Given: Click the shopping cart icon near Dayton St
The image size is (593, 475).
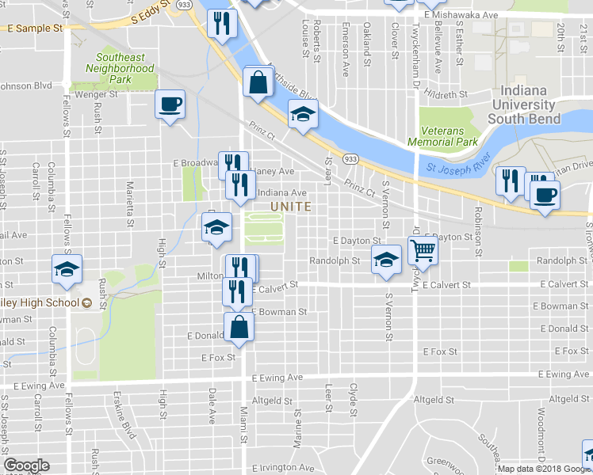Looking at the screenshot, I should coord(423,251).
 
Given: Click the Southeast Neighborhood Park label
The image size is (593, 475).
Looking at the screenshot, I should coord(120,68).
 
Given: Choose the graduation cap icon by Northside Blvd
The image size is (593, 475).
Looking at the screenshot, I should coord(302,115).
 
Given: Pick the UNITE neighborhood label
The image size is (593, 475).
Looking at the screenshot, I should coord(290,206).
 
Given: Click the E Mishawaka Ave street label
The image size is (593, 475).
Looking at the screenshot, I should coord(461,15).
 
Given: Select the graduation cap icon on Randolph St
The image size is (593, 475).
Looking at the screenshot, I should coord(385,260).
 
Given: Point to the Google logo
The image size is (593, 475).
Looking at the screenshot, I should coord(27,465).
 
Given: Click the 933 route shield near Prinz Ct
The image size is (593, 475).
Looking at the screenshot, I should coord(350,159).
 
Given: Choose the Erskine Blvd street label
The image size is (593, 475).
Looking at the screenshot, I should coord(125,423).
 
